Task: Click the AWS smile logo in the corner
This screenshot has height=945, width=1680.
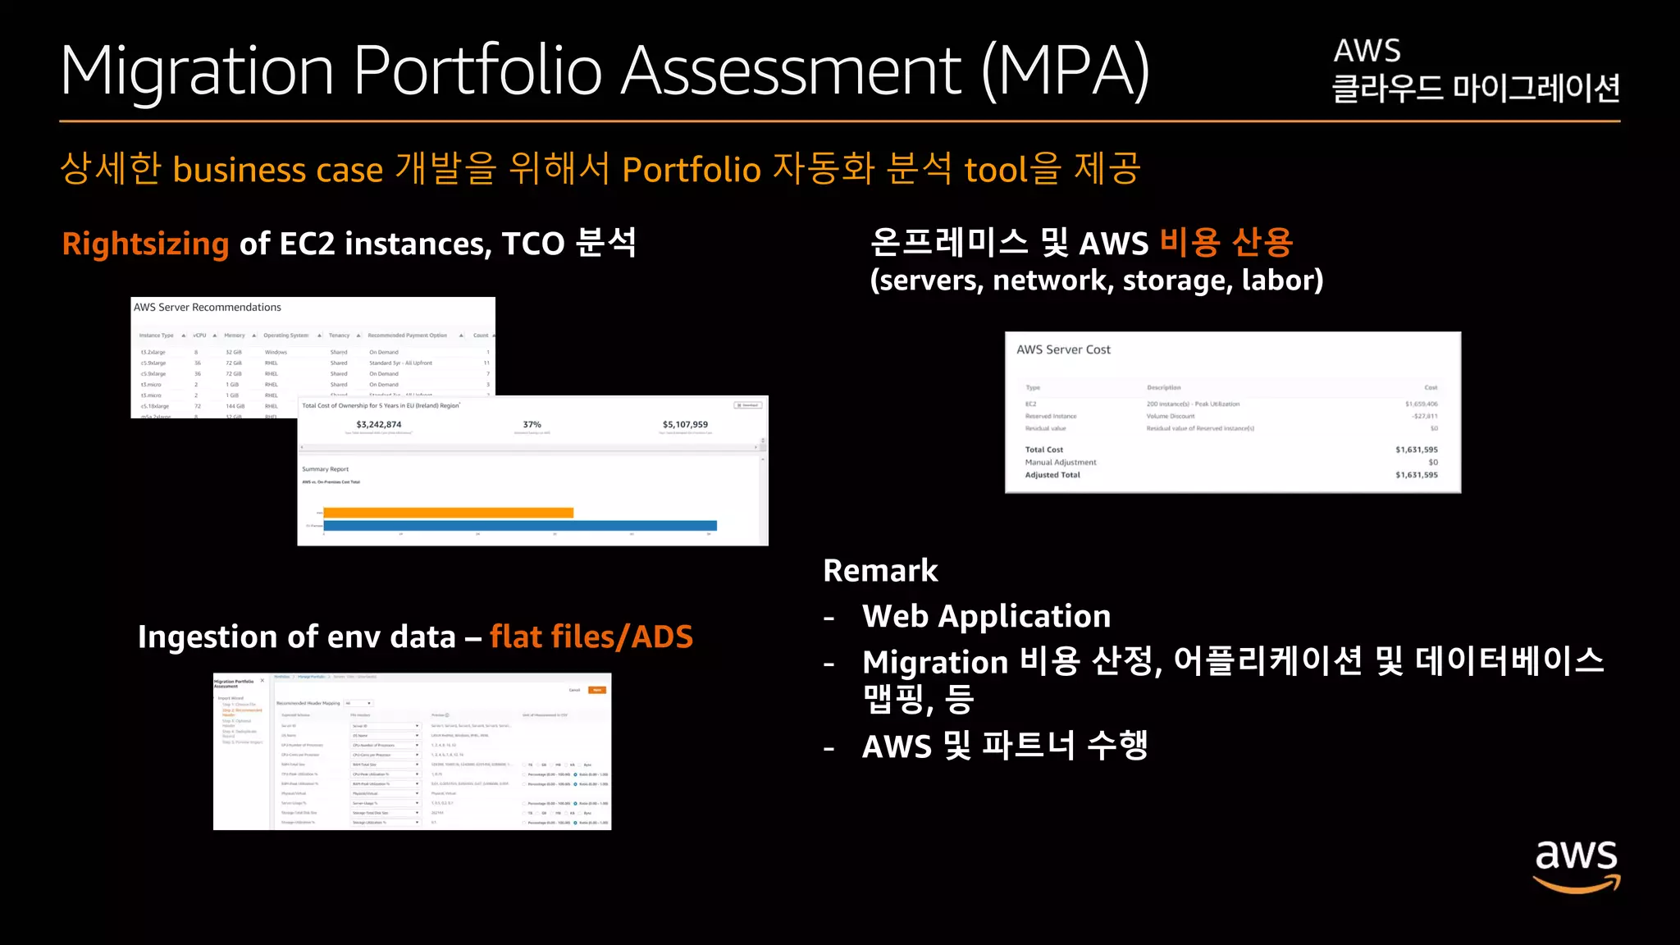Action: click(x=1576, y=865)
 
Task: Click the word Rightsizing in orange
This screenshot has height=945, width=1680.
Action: click(x=145, y=244)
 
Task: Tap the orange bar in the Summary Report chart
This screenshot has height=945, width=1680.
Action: click(x=448, y=513)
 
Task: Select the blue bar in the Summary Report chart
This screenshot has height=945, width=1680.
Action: click(x=520, y=526)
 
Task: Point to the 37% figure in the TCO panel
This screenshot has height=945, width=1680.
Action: click(x=532, y=425)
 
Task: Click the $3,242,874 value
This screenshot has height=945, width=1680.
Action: click(x=379, y=425)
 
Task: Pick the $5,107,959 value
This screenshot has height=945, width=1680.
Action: click(x=685, y=425)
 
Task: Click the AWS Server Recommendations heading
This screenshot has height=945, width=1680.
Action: click(x=208, y=308)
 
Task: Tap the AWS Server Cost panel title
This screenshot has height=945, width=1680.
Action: click(x=1063, y=350)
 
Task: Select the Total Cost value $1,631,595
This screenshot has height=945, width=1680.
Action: click(x=1416, y=450)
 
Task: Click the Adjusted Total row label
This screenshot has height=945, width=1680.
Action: click(x=1052, y=475)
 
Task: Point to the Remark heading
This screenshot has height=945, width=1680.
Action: click(x=880, y=571)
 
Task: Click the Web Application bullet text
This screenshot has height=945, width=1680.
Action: click(x=986, y=617)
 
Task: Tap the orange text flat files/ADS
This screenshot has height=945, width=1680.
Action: click(x=591, y=637)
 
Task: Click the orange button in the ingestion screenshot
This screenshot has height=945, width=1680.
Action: click(x=597, y=690)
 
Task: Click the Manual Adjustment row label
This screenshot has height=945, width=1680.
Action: click(x=1060, y=463)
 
